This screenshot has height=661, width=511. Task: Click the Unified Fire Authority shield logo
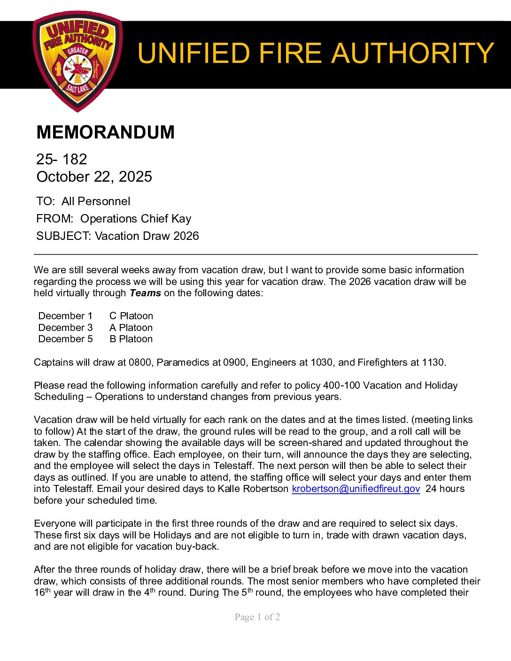[x=77, y=61]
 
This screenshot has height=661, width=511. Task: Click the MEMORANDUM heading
[x=105, y=132]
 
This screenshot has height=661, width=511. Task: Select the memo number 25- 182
[x=62, y=159]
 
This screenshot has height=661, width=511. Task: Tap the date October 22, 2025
[x=94, y=177]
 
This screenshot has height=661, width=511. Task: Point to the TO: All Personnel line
[x=83, y=201]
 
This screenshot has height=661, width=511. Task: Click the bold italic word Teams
[x=145, y=293]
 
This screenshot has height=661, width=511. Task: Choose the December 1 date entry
[x=65, y=316]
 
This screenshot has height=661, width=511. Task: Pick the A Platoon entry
[x=131, y=328]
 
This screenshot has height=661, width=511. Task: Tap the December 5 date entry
[x=65, y=339]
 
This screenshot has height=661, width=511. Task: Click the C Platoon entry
[x=131, y=316]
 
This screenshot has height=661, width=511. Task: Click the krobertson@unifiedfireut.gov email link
[x=356, y=489]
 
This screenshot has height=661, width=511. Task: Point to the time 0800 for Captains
[x=140, y=362]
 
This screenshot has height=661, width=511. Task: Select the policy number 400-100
[x=341, y=385]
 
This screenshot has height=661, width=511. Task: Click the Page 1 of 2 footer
[x=257, y=617]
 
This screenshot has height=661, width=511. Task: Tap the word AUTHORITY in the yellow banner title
[x=413, y=53]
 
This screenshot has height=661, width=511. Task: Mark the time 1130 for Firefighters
[x=433, y=362]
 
